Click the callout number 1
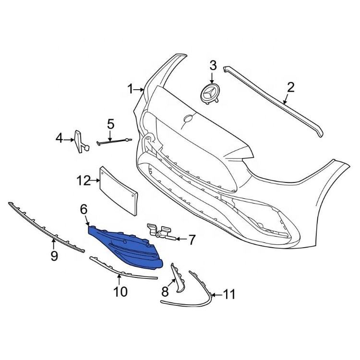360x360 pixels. pos(130,89)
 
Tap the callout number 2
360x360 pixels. pos(290,87)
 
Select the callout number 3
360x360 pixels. pos(213,65)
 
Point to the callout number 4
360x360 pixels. pos(60,139)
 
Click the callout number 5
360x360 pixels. pos(111,124)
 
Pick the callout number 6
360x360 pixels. pos(84,209)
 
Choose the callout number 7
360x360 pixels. pos(192,239)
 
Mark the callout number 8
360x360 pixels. pos(165,291)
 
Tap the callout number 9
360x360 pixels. pos(54,255)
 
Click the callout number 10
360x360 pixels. pos(120,291)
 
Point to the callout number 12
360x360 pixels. pos(84,180)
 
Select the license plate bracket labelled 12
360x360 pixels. pos(119,190)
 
